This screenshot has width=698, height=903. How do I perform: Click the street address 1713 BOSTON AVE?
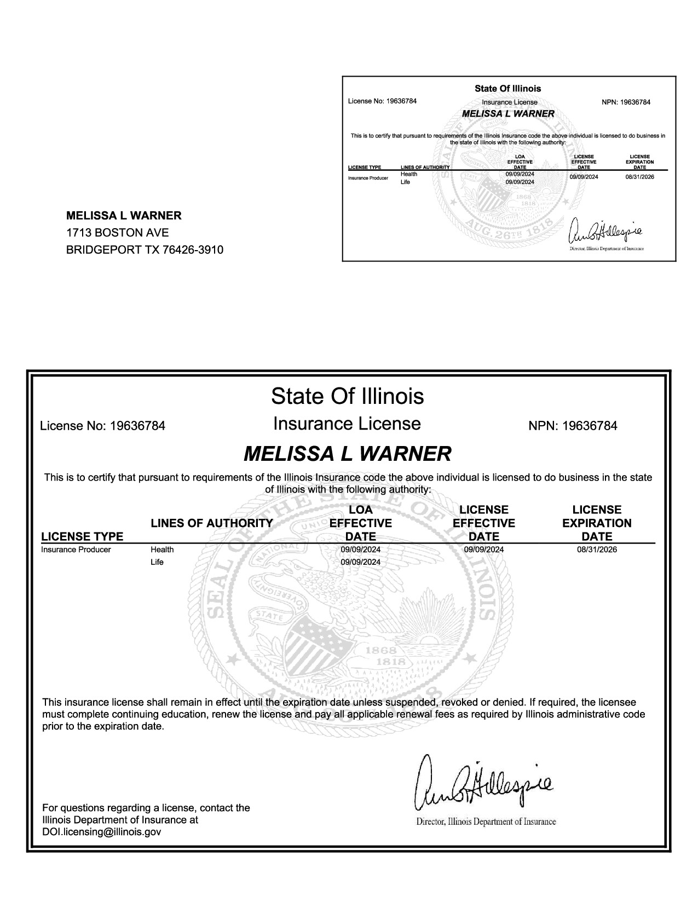tap(117, 233)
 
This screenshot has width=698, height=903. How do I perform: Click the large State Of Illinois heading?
tap(347, 396)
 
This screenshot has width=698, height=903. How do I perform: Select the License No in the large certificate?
tap(103, 426)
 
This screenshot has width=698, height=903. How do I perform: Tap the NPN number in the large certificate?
tap(573, 426)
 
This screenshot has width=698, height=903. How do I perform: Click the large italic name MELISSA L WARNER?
tap(347, 454)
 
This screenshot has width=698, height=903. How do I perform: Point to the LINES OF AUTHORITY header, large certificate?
tap(211, 523)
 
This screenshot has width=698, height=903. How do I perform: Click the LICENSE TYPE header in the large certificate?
tap(82, 536)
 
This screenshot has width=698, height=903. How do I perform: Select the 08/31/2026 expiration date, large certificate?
tap(597, 549)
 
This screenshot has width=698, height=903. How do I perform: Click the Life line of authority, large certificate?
tap(157, 562)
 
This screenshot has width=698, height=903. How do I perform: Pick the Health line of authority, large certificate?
tap(162, 549)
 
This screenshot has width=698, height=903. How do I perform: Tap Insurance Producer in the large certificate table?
tap(76, 549)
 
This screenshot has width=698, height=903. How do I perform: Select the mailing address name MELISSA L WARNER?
tap(124, 216)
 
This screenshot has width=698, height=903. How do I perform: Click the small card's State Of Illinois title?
tap(507, 89)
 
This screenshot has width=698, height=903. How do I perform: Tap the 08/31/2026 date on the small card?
tap(639, 177)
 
